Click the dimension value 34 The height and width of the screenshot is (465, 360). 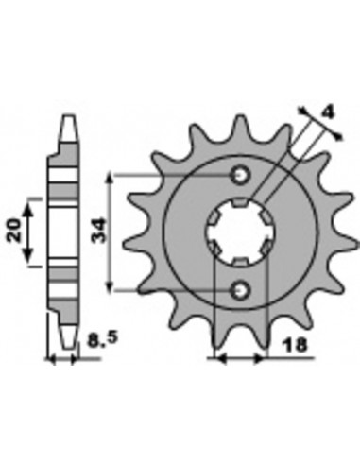pyautogui.click(x=98, y=231)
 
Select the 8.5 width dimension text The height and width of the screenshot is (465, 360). pyautogui.click(x=102, y=338)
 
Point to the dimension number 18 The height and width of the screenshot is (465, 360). pyautogui.click(x=295, y=345)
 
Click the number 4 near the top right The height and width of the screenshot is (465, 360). pyautogui.click(x=328, y=112)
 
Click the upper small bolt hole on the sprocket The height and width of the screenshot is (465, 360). pyautogui.click(x=241, y=174)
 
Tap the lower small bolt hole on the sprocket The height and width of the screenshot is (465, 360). pyautogui.click(x=241, y=289)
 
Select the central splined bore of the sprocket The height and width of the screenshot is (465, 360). pyautogui.click(x=241, y=232)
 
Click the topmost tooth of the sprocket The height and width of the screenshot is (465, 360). pyautogui.click(x=241, y=126)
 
